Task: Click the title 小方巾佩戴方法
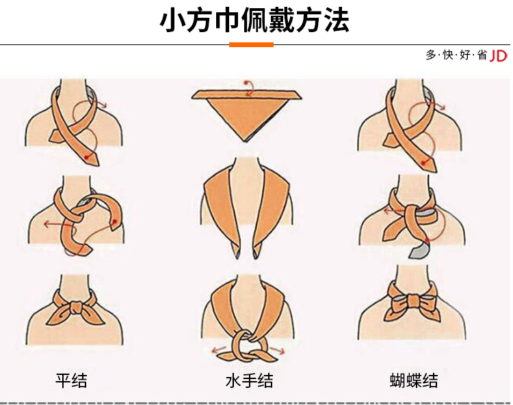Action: pos(254,20)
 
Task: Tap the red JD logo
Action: pos(498,56)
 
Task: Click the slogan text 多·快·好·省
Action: pos(456,55)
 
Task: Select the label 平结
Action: pos(71,380)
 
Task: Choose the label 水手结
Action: pos(249,380)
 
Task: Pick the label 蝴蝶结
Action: pos(414,380)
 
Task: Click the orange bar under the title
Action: pos(251,45)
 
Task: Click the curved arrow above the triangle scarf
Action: pos(250,87)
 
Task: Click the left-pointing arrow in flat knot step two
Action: pos(55,224)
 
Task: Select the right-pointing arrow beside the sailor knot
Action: pos(278,351)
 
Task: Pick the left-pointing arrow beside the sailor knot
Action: pos(219,350)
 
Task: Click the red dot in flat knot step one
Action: pos(86,158)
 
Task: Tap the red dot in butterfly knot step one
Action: pos(424,163)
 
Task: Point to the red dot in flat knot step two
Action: pos(114,222)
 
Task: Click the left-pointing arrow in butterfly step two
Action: pos(393,211)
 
